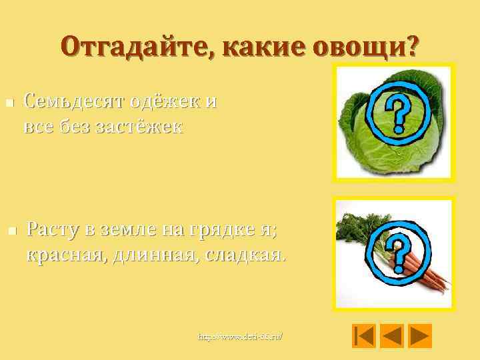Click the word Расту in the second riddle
57,230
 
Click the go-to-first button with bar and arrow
364,335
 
